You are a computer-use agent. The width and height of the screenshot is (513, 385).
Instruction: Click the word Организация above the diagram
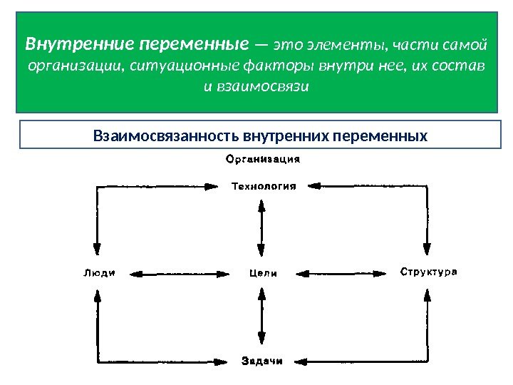pos(262,160)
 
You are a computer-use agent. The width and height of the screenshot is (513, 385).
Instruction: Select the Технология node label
pos(263,187)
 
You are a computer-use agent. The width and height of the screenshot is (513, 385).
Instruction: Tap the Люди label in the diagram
pos(99,272)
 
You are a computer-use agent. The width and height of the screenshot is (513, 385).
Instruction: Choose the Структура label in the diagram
pos(427,272)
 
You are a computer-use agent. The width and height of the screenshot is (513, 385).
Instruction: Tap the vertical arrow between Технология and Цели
pos(262,230)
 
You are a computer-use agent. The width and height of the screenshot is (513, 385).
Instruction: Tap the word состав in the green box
pos(462,66)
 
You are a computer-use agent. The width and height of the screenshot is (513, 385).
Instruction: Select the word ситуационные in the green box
pos(172,66)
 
